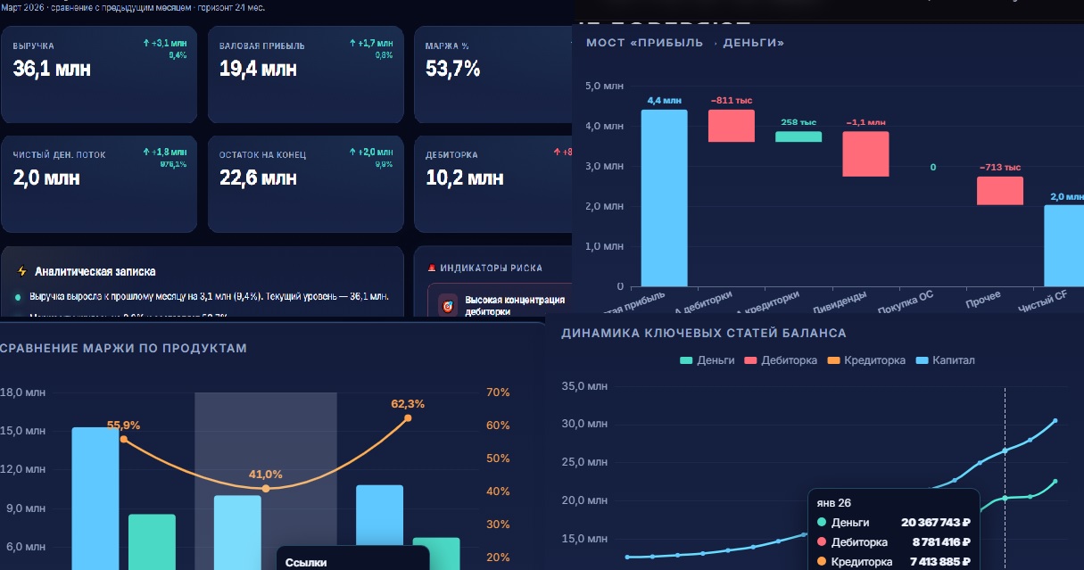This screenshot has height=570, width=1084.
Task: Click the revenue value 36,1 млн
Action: [52, 69]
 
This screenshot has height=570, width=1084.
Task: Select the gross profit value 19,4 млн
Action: [258, 69]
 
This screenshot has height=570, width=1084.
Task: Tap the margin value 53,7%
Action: [453, 69]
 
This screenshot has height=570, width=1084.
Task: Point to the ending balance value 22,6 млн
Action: [258, 178]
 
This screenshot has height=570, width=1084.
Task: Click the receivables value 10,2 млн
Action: [464, 178]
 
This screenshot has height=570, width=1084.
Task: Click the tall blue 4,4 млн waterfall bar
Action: [664, 197]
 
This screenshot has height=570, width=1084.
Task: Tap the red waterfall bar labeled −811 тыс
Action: [732, 126]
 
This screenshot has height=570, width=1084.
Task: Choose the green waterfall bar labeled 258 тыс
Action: [798, 136]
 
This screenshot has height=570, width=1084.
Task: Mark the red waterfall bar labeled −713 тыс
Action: [999, 190]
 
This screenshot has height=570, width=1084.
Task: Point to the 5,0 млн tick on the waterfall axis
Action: [604, 87]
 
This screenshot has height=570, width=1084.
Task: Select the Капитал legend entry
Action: [945, 360]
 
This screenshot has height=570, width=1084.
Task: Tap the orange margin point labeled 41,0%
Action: [265, 489]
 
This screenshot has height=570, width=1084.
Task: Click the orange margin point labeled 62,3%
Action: [408, 417]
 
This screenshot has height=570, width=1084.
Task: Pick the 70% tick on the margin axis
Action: [499, 392]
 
